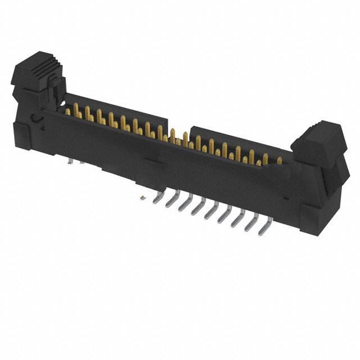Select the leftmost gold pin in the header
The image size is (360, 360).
tap(68, 111)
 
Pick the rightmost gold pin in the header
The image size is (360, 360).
tap(279, 161)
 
